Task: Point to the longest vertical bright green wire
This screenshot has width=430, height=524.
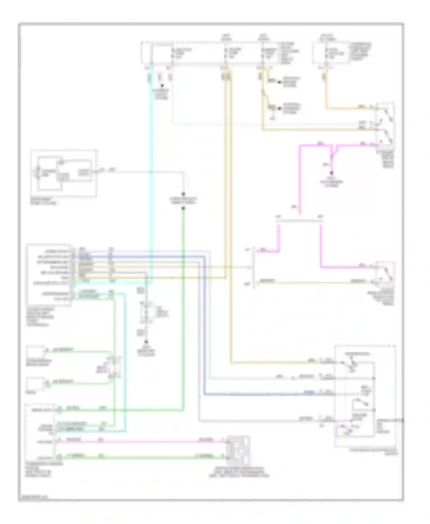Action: (x=183, y=310)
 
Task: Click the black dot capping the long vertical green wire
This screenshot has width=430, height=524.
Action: (x=183, y=208)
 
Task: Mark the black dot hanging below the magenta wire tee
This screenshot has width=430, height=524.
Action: (x=331, y=173)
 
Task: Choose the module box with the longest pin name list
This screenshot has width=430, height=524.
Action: (x=48, y=275)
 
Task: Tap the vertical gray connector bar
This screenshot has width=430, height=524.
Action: (x=253, y=267)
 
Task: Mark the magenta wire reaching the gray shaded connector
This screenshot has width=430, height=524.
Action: (x=143, y=442)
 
